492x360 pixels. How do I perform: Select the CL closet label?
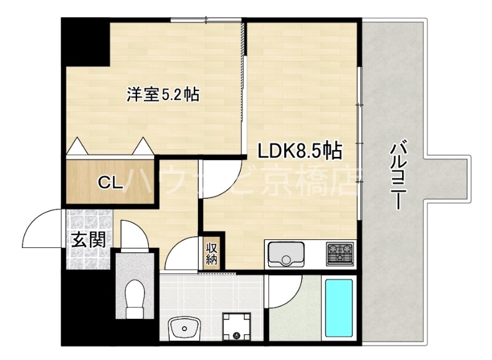click(110, 182)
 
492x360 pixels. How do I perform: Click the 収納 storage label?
click(212, 253)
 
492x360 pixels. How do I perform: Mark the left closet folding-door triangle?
click(78, 146)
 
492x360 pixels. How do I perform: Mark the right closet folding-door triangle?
click(143, 146)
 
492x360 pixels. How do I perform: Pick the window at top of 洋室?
click(206, 20)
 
